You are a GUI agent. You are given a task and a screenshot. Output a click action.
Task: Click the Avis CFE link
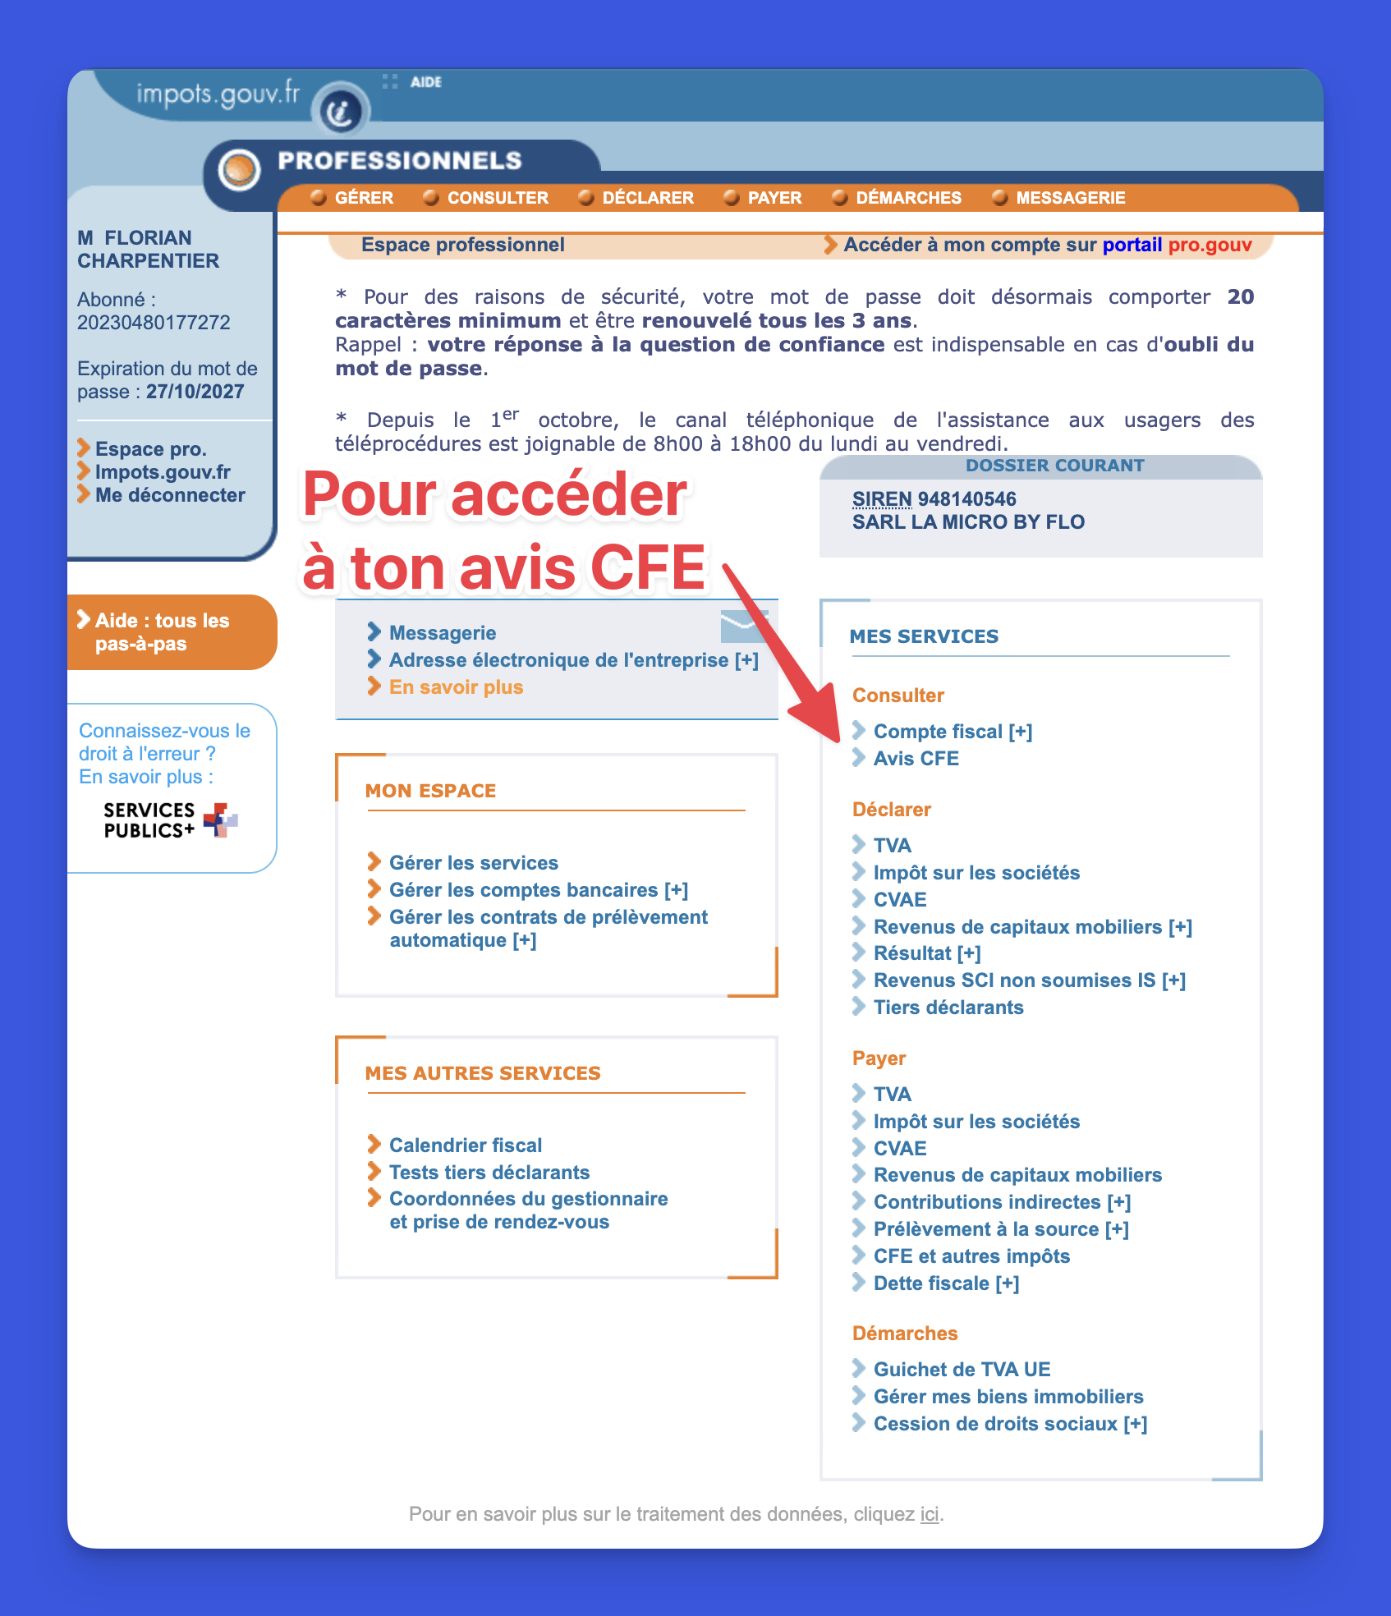pyautogui.click(x=916, y=759)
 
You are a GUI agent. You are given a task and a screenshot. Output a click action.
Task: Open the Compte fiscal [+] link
pyautogui.click(x=953, y=732)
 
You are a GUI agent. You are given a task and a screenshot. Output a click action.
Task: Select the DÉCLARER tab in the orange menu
pyautogui.click(x=647, y=198)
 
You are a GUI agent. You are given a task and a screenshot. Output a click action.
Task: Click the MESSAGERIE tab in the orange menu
pyautogui.click(x=1070, y=198)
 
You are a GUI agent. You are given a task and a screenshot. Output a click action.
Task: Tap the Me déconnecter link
pyautogui.click(x=169, y=495)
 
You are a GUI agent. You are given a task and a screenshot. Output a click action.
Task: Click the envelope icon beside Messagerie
pyautogui.click(x=744, y=627)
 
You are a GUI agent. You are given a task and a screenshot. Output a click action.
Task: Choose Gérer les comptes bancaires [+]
pyautogui.click(x=538, y=890)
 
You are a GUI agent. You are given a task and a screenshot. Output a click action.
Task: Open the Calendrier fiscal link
pyautogui.click(x=465, y=1145)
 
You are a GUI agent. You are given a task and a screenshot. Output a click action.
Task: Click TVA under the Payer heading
pyautogui.click(x=892, y=1095)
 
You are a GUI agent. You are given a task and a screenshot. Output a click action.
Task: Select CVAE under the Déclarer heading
pyautogui.click(x=899, y=900)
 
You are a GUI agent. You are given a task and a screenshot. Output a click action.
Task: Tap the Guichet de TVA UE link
pyautogui.click(x=962, y=1370)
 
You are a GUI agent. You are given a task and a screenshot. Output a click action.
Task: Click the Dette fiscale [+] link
pyautogui.click(x=946, y=1283)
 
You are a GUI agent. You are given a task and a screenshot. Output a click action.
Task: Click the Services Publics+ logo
pyautogui.click(x=170, y=820)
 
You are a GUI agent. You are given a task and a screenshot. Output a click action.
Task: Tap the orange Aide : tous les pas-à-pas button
pyautogui.click(x=162, y=632)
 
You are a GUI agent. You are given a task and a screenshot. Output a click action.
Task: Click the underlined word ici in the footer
pyautogui.click(x=929, y=1514)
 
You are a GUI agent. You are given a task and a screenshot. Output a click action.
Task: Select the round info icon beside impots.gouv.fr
pyautogui.click(x=341, y=110)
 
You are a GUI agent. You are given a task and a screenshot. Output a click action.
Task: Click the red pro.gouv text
pyautogui.click(x=1210, y=245)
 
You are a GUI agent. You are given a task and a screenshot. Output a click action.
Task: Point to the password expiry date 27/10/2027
pyautogui.click(x=195, y=392)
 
